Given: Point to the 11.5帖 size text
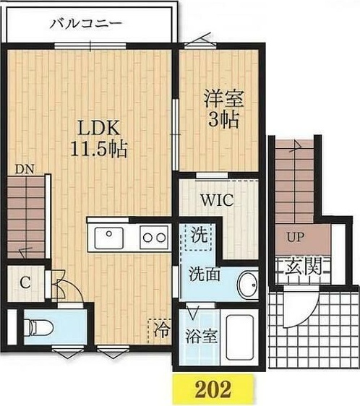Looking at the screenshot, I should (x=99, y=150).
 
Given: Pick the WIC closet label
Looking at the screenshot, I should (x=216, y=200).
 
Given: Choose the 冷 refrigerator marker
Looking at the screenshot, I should (x=160, y=332).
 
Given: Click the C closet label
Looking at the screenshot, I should (x=24, y=282).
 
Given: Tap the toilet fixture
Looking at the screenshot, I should (x=39, y=329).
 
